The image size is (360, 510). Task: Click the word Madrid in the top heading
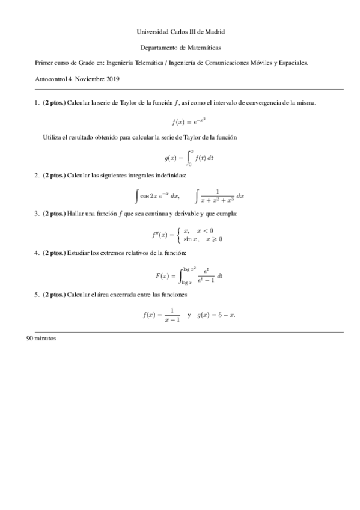tap(215, 31)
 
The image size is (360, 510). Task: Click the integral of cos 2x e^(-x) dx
tap(159, 195)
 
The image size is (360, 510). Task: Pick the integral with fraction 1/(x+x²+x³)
tap(219, 195)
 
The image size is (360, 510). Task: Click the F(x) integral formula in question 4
tap(189, 275)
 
